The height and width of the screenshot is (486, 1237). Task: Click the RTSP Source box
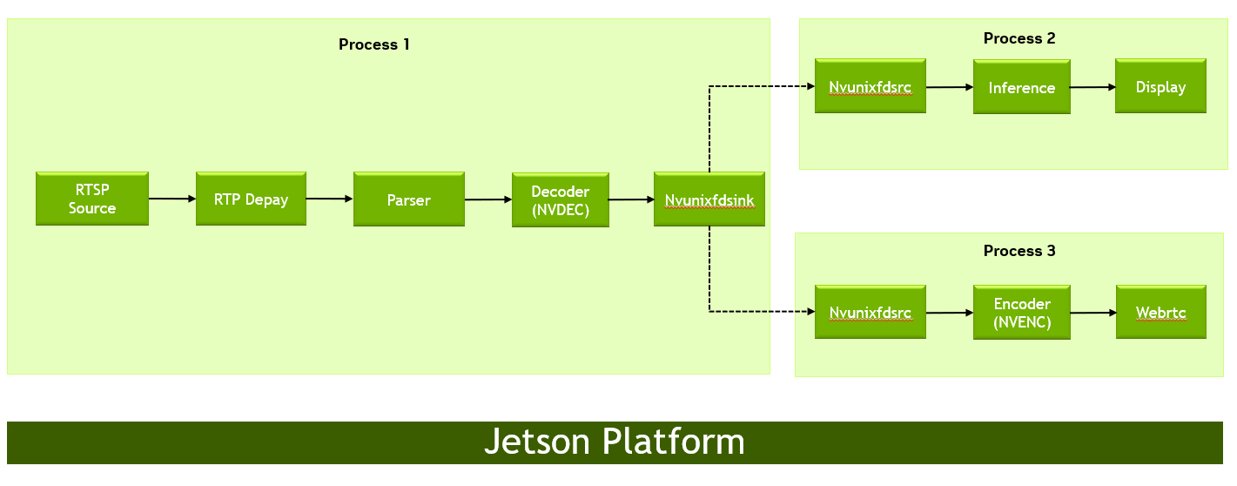point(91,199)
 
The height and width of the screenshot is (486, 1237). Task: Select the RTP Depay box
point(251,199)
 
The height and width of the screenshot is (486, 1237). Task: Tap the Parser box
point(408,200)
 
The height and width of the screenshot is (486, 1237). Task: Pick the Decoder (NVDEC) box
point(560,200)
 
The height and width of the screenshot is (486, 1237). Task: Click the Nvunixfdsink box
point(709,200)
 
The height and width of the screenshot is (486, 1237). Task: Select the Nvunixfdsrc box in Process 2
point(870,87)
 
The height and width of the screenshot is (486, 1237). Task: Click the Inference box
point(1021,87)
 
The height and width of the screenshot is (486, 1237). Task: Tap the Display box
point(1160,87)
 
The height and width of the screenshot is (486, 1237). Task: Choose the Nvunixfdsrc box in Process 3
point(870,313)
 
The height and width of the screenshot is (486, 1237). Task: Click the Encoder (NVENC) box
point(1021,313)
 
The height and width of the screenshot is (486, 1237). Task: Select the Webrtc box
point(1160,313)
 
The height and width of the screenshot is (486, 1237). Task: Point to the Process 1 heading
point(373,44)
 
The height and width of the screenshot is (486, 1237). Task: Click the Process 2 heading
point(1019,38)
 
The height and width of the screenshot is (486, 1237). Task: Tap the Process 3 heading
point(1019,251)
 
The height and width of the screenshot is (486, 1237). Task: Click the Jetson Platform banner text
point(614,442)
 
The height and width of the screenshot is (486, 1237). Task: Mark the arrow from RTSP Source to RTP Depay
point(172,199)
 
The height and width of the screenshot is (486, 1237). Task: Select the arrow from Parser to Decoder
point(488,200)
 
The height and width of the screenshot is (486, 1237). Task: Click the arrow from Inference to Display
point(1092,87)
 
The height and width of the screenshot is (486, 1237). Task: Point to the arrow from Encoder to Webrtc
point(1092,313)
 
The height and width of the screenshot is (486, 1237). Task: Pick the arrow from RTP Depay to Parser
point(329,199)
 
